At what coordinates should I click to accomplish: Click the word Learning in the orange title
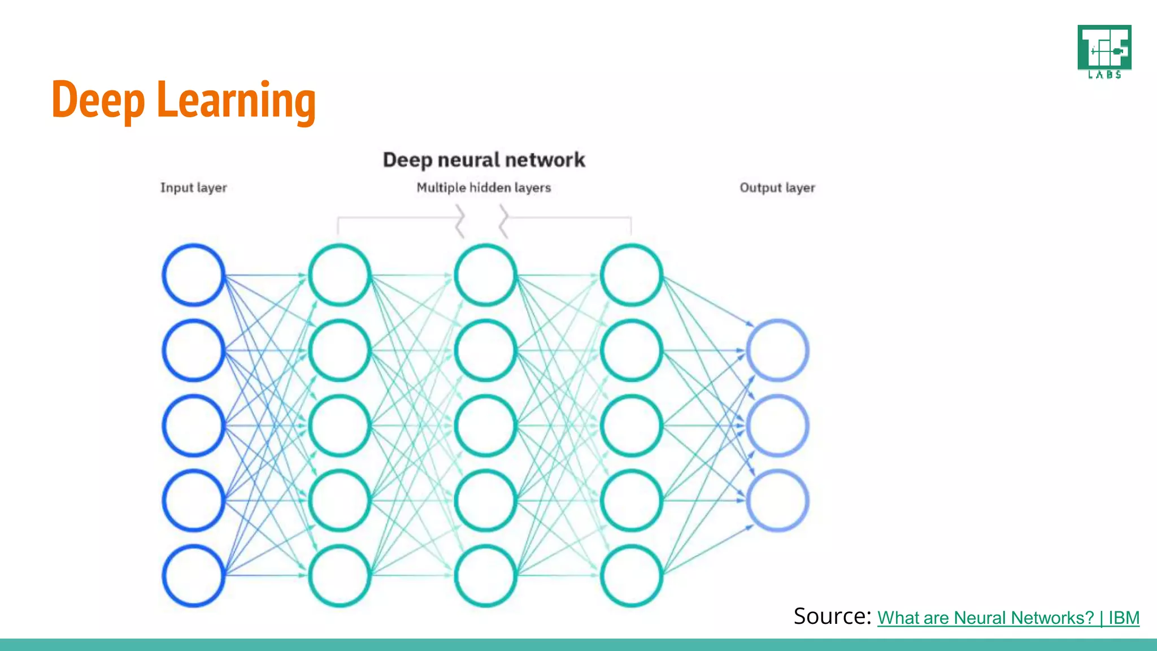(236, 101)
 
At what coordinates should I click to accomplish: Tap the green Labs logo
(1104, 51)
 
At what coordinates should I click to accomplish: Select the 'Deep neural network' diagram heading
(484, 160)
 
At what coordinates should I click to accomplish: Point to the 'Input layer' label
(193, 188)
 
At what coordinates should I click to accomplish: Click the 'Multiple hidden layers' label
(484, 188)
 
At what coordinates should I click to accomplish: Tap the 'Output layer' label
(777, 188)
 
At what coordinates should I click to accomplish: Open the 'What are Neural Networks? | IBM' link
(1008, 618)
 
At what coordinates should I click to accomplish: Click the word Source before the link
(832, 616)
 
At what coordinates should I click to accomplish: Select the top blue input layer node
(194, 275)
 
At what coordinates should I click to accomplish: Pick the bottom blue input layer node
(194, 576)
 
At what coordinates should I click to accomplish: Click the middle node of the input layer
(194, 426)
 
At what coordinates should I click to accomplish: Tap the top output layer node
(777, 350)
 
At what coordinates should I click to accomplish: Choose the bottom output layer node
(777, 501)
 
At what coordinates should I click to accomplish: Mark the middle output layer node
(777, 426)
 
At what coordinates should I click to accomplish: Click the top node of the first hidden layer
(340, 275)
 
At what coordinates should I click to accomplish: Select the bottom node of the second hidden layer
(485, 576)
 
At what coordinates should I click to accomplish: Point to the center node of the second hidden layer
(485, 426)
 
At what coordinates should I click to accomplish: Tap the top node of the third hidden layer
(631, 275)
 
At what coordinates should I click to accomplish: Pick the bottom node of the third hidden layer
(631, 576)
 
